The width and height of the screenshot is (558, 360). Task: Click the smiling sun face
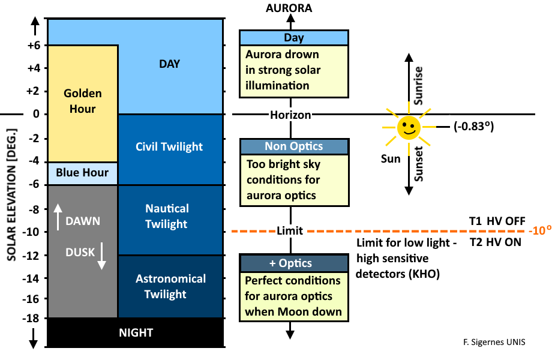click(409, 127)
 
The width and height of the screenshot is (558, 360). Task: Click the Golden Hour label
click(83, 101)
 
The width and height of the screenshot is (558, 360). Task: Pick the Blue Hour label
click(82, 173)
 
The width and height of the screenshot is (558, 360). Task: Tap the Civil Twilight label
click(169, 146)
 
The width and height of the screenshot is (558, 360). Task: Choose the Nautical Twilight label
click(167, 216)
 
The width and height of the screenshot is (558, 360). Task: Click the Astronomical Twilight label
click(170, 286)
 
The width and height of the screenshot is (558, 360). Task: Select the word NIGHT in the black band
click(136, 332)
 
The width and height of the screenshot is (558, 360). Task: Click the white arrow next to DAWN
click(58, 217)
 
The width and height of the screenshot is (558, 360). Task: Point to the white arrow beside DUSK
click(101, 256)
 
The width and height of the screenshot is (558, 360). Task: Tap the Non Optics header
click(293, 146)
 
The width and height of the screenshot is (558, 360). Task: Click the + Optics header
click(293, 263)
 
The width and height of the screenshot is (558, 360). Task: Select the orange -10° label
click(540, 231)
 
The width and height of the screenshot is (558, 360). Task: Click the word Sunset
click(419, 164)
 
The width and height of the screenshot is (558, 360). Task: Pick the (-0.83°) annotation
click(477, 127)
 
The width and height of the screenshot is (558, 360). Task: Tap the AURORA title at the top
click(290, 8)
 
